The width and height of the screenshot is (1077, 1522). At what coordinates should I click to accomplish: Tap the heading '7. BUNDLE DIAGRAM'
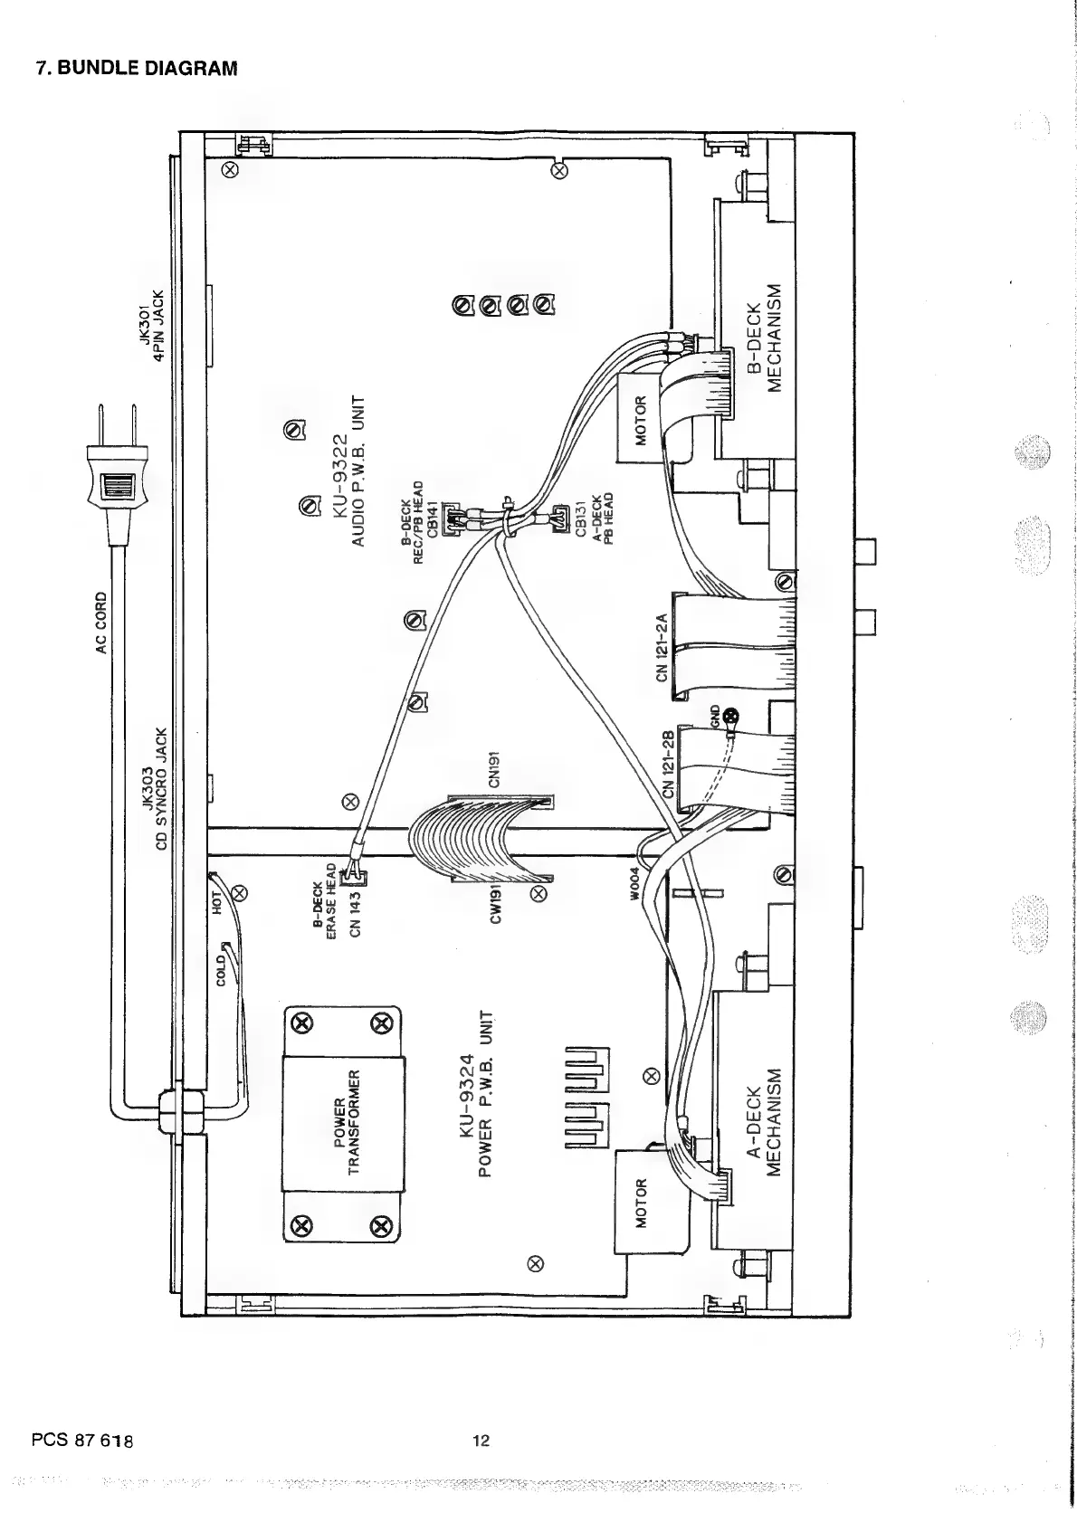coord(136,68)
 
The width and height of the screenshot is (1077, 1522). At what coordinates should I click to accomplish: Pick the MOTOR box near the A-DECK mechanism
coord(641,1202)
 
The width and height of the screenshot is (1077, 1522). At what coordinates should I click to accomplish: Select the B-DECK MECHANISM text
coord(761,337)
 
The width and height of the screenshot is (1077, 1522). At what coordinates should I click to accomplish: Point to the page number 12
coord(481,1441)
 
